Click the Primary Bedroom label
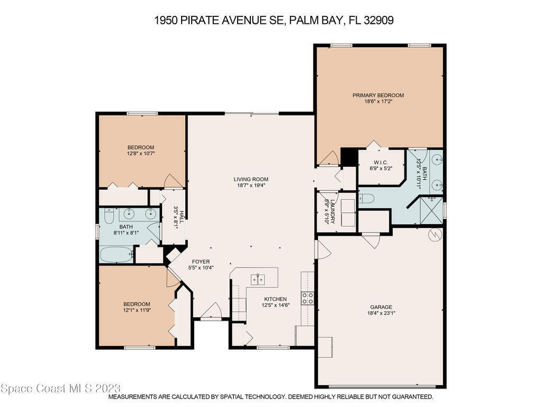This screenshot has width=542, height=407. (378, 95)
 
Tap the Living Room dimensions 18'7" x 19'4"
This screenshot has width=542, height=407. (251, 185)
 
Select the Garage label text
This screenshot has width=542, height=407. (381, 307)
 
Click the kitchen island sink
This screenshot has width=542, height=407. (258, 279)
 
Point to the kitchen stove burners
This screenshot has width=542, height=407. (308, 298)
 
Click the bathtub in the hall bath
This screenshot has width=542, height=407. (116, 255)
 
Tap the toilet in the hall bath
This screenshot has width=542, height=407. (109, 215)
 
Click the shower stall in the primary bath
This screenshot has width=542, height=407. (431, 210)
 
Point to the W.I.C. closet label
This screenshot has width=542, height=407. (381, 163)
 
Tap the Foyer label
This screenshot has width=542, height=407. (201, 262)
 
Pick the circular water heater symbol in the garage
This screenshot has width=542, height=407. (435, 235)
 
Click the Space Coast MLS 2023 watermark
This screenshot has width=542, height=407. (61, 388)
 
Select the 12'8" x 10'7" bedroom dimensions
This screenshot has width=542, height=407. (141, 153)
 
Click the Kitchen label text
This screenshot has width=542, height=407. (275, 299)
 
